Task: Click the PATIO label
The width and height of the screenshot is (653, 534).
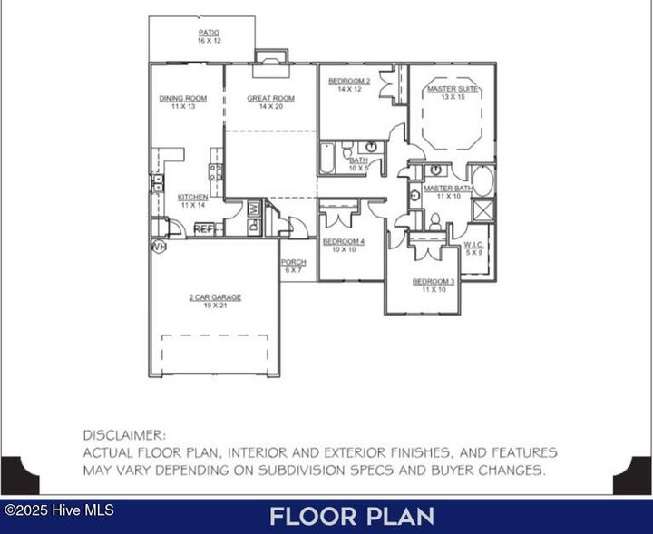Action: [x=209, y=34]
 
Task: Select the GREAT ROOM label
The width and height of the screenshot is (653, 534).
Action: [x=270, y=99]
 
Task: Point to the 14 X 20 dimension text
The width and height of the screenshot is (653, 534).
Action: [x=270, y=107]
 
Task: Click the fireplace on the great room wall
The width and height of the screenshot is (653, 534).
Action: [x=270, y=57]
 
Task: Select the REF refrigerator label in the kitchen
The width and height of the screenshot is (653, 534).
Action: [x=203, y=229]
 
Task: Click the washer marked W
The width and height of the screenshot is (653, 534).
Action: [x=255, y=209]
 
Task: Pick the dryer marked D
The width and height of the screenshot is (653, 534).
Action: [x=255, y=227]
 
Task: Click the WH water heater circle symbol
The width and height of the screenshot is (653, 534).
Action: [x=159, y=246]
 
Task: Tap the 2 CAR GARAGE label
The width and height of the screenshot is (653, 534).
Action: [x=215, y=297]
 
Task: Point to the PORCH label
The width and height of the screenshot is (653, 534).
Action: [x=293, y=263]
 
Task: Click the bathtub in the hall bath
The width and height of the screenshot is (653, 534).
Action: [x=327, y=159]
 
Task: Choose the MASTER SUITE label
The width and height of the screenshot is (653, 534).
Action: [x=453, y=89]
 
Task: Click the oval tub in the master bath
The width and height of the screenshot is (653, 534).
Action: [x=483, y=180]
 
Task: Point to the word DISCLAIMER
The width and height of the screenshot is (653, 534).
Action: [x=124, y=435]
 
